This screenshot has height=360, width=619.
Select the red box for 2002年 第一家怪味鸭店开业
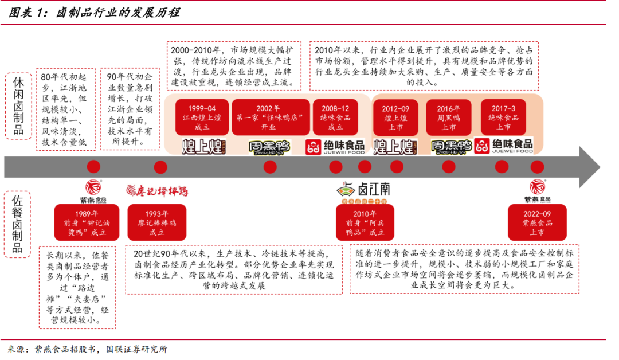(x=269, y=118)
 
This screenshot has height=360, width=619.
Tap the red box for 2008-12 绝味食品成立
(x=335, y=118)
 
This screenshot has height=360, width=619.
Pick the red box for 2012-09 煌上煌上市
(x=396, y=118)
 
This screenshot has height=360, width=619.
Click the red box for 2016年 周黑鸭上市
(x=449, y=118)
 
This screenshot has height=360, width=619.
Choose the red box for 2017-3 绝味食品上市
(x=504, y=118)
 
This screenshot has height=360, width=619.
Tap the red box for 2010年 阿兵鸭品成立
(x=365, y=222)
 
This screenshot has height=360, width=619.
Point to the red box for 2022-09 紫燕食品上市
(x=536, y=222)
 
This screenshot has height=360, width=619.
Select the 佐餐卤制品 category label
(x=18, y=224)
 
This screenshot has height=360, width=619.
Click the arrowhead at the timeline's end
(x=587, y=166)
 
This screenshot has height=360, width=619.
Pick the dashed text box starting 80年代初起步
(x=66, y=109)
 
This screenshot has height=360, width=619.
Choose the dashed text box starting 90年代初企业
(x=130, y=109)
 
